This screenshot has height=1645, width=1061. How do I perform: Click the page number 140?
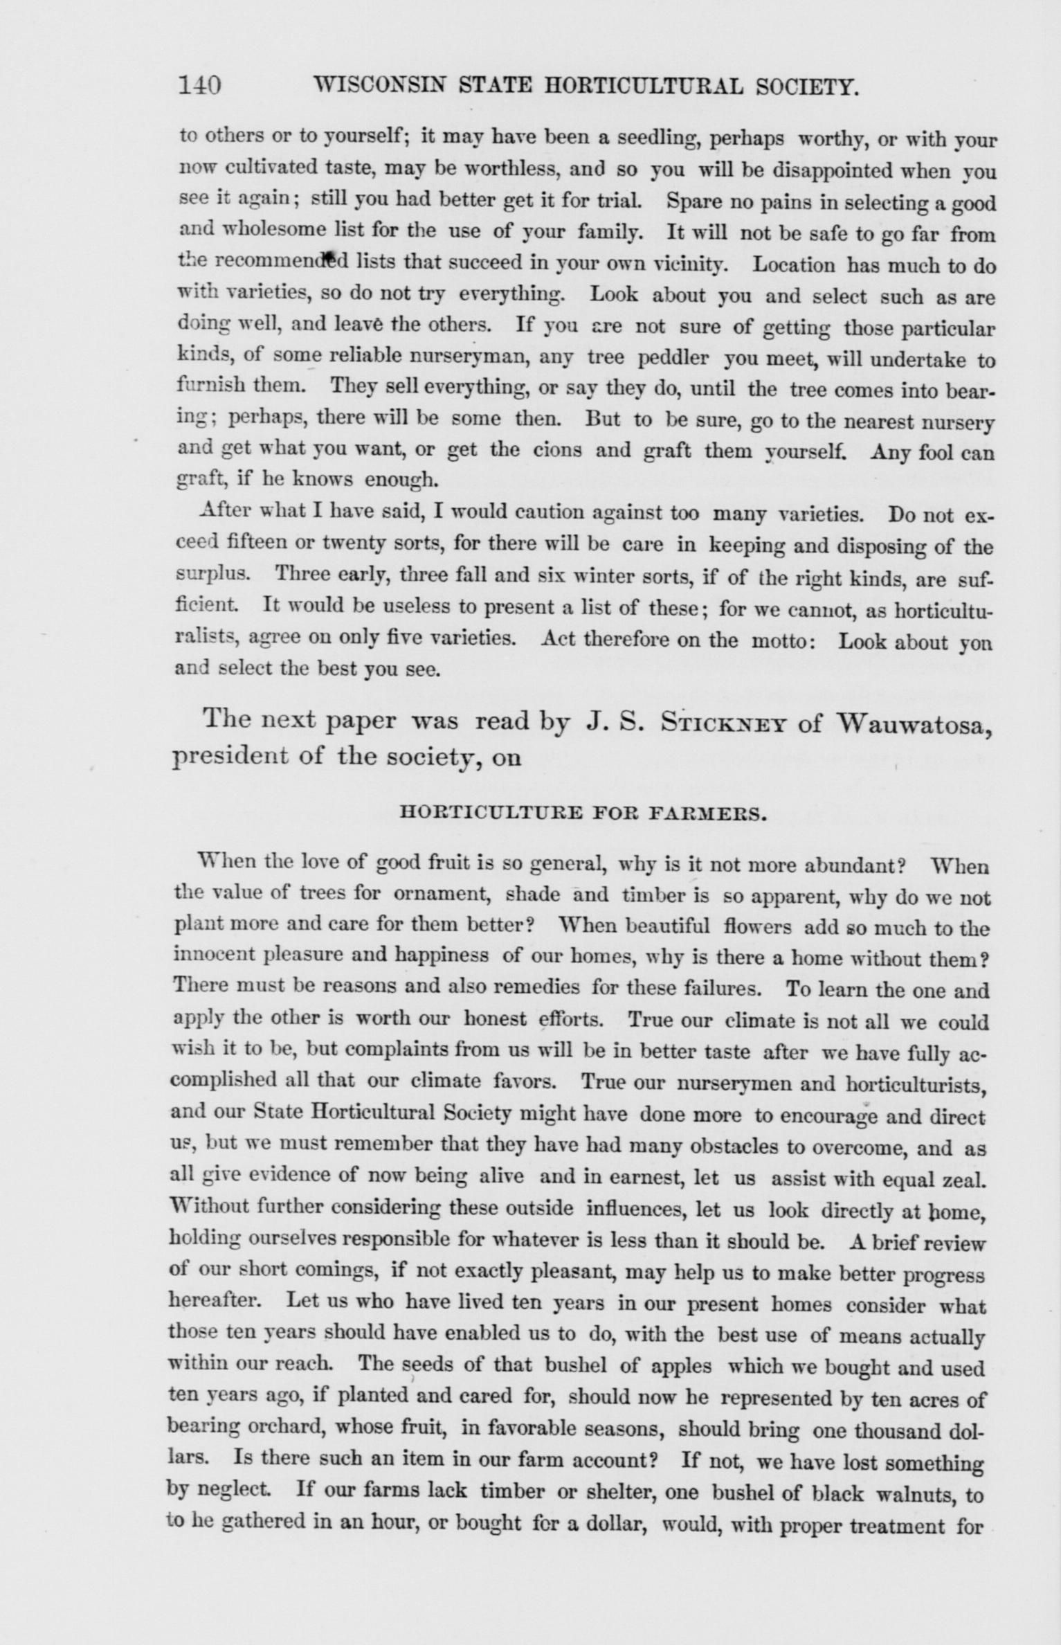pos(199,84)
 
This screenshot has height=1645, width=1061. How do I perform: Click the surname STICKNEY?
pos(722,722)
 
